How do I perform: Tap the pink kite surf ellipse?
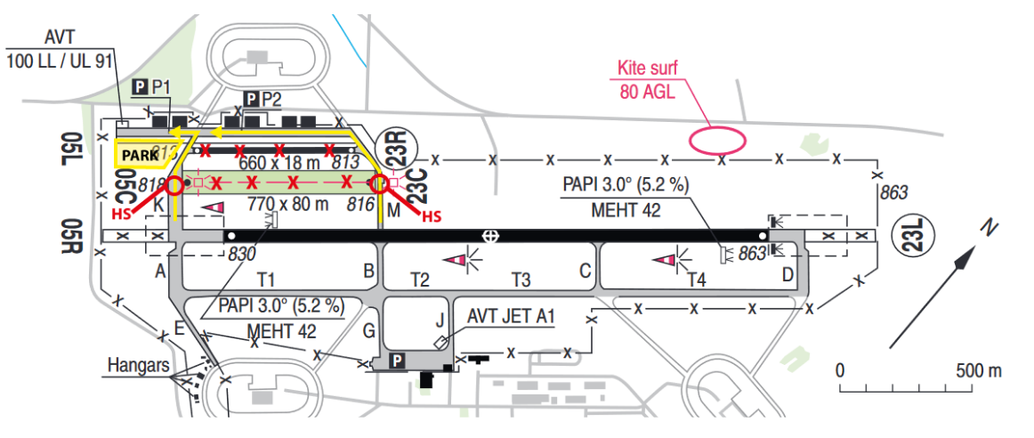716,140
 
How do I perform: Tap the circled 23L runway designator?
917,235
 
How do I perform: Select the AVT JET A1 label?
510,315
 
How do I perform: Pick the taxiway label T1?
266,280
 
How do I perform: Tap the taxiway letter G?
368,333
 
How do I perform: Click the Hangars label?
138,365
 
